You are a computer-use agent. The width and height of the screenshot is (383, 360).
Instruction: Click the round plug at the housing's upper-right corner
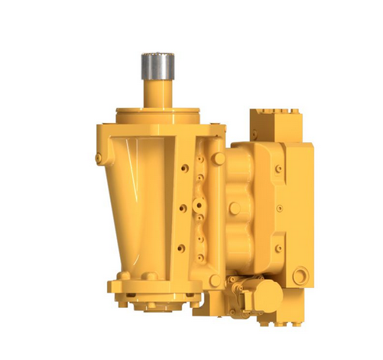(219, 158)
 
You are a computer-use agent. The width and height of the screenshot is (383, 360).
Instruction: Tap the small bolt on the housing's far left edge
(99, 158)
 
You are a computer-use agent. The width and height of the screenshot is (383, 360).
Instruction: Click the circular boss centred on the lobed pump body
(235, 208)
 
